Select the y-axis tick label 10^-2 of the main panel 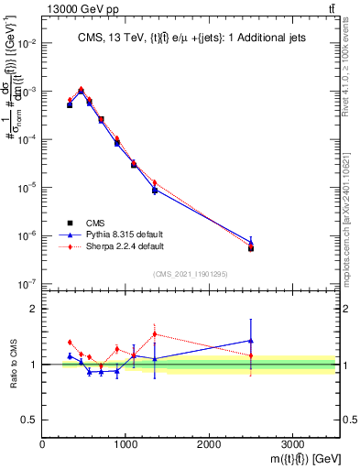(26, 44)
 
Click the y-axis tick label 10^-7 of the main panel (26, 284)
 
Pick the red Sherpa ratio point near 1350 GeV (155, 334)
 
